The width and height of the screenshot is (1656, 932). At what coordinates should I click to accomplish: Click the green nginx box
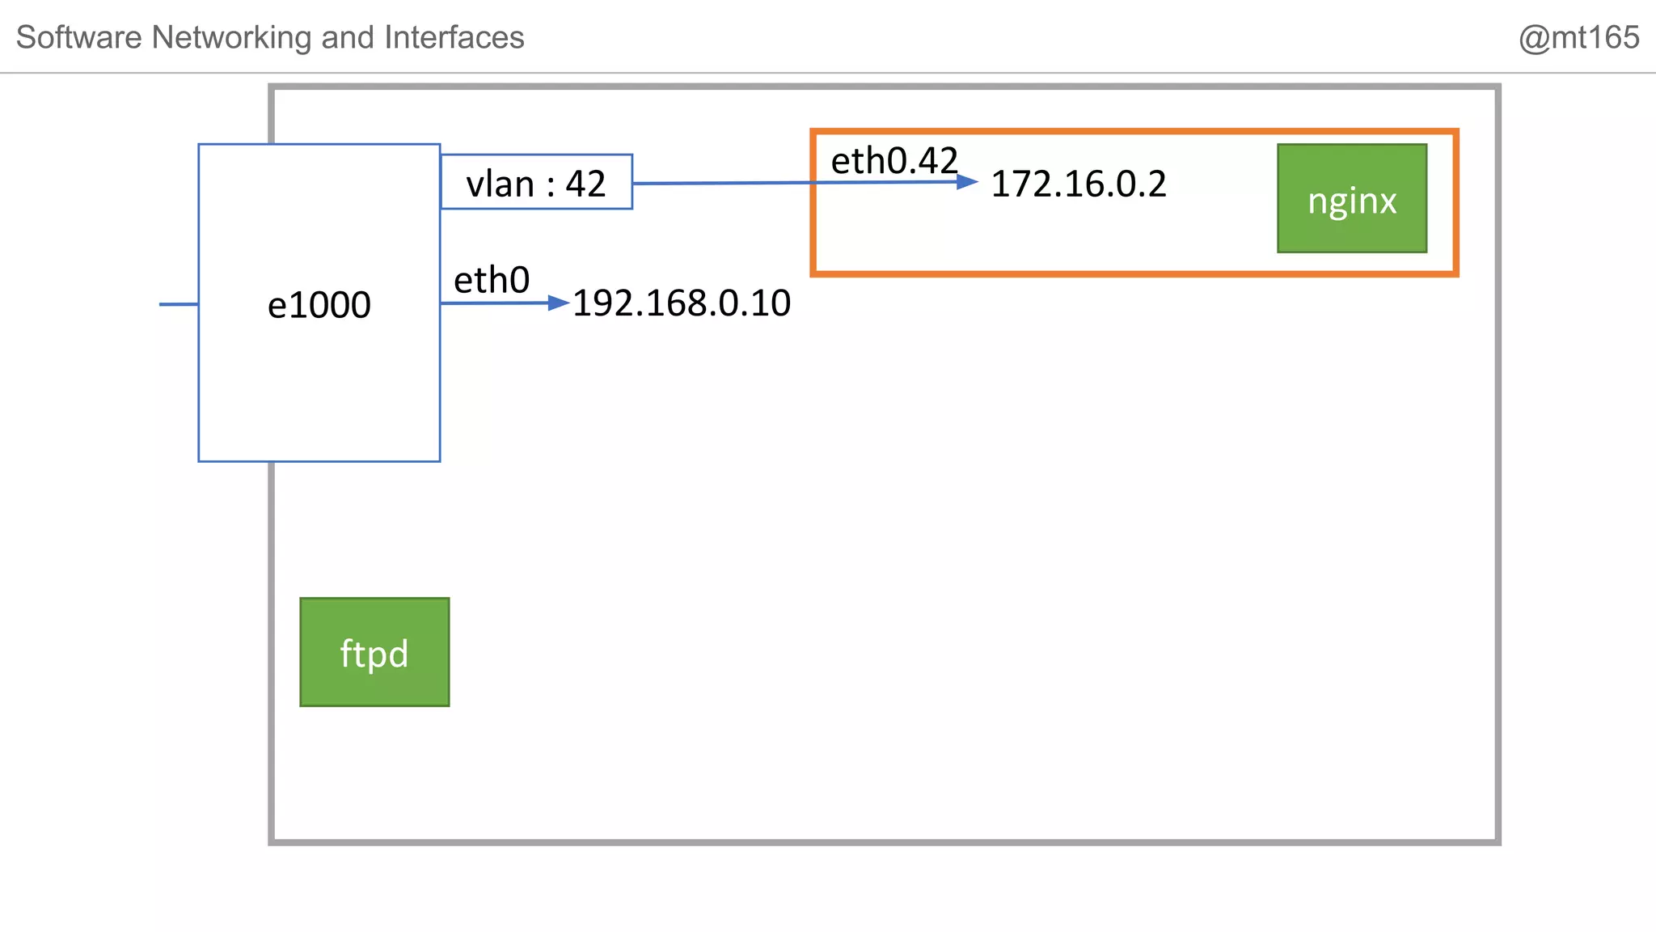1352,199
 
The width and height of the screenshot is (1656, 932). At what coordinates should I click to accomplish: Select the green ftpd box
374,652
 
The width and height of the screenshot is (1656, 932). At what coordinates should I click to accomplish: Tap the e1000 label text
319,305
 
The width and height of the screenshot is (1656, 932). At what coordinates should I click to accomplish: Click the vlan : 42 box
536,182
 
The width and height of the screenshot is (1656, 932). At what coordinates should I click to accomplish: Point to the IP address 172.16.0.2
1079,184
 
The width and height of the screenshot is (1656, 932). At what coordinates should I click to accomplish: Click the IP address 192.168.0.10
682,303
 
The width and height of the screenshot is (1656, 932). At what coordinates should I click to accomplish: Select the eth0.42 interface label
893,161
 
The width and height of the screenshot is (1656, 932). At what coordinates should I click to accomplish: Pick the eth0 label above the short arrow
492,281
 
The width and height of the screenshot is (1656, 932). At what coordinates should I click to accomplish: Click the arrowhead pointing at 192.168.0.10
559,303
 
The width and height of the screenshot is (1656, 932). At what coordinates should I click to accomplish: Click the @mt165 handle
1578,38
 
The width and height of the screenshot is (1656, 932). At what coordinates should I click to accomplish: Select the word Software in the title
79,38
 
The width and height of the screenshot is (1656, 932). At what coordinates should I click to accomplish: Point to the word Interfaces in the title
454,38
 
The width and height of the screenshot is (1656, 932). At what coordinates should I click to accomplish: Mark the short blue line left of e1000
179,304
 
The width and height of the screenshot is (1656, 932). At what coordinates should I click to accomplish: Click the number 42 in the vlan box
585,184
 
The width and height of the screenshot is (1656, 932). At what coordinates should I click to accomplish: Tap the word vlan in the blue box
500,184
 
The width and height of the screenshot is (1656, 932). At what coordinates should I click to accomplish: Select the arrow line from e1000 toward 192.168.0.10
493,303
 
